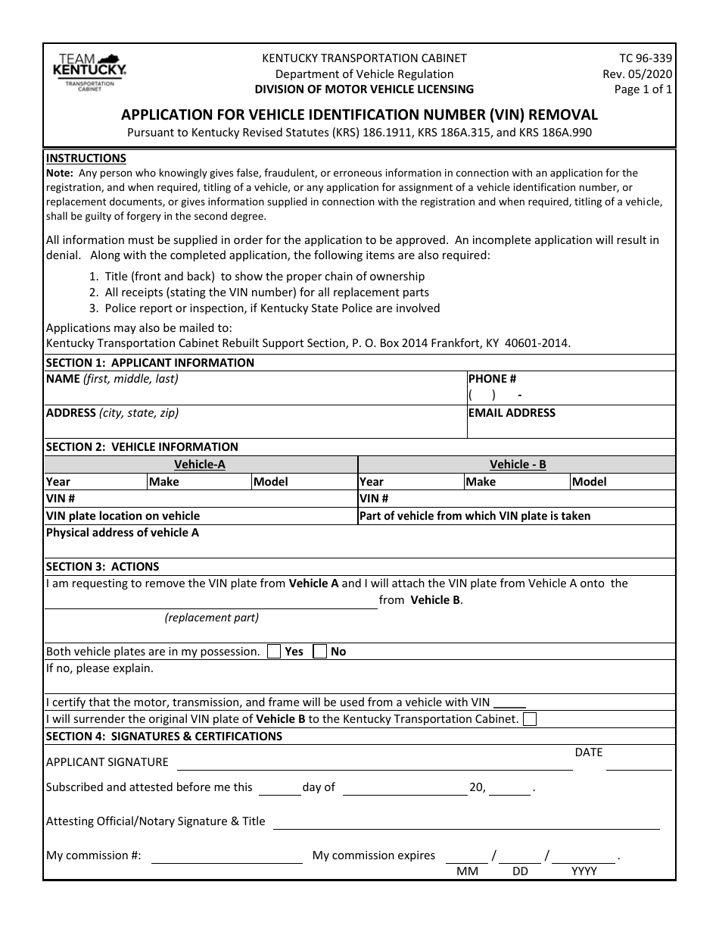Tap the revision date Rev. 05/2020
637,73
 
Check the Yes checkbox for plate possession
274,651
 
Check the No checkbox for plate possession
320,651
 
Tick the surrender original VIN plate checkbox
530,719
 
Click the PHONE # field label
492,379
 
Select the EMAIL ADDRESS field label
512,413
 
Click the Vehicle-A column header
200,464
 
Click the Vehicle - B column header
518,464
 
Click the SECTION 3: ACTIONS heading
103,567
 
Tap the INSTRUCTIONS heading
86,158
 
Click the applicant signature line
375,767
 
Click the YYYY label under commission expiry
584,871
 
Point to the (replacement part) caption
212,618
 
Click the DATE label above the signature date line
589,752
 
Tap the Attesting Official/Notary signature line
465,827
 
